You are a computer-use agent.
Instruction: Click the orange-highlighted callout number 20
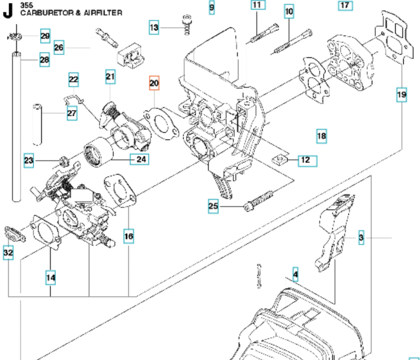(154, 83)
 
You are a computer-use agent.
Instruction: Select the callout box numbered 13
(154, 27)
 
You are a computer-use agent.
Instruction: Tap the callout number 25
(213, 207)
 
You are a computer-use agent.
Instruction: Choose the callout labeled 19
(401, 95)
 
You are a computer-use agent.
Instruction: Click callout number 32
(8, 252)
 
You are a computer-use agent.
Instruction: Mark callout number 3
(361, 238)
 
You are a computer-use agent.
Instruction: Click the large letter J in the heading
(8, 12)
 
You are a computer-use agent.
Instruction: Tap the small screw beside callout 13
(187, 25)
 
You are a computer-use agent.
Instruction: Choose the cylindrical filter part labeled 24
(97, 153)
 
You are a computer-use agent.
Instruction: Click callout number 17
(345, 6)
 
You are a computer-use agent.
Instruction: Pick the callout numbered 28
(44, 60)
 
